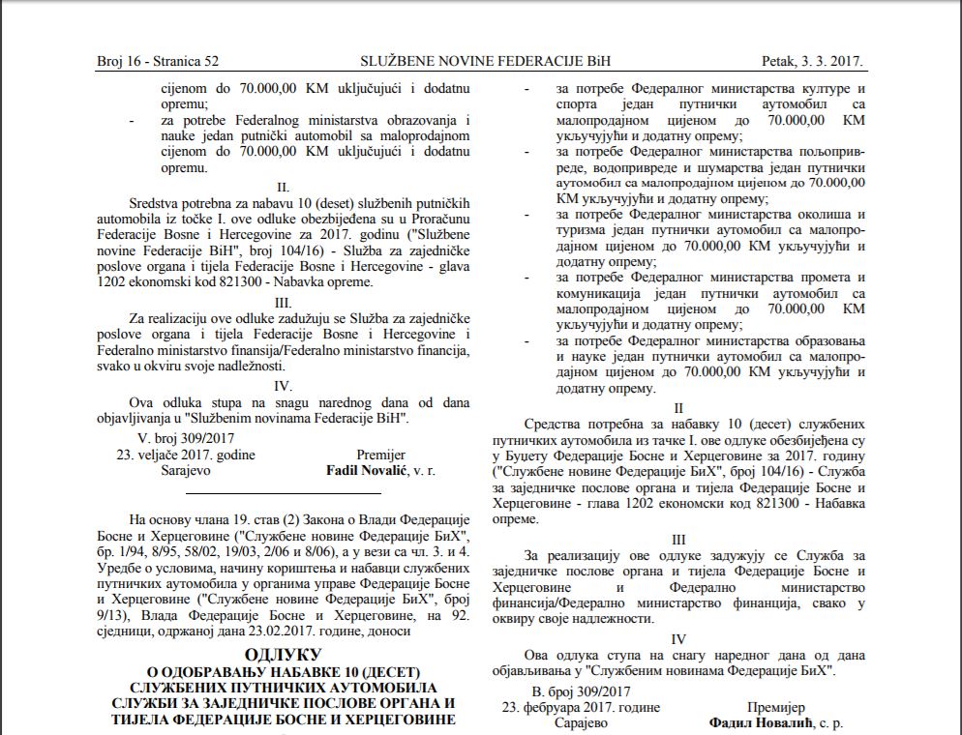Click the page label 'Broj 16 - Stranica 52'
158,62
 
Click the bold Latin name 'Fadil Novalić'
366,472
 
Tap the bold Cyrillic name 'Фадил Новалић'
754,722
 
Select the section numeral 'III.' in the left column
283,301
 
